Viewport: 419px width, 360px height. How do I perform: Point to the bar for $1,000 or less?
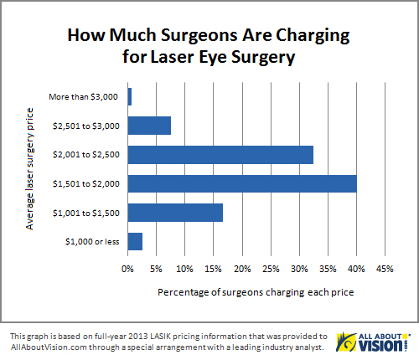134,241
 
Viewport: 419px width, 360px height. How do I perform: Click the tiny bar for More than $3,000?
129,96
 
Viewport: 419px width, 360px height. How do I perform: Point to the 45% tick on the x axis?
385,270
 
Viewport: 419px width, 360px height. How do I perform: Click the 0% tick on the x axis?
127,270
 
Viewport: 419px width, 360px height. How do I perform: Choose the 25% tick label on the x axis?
270,270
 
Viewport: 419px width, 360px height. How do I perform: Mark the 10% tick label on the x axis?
184,270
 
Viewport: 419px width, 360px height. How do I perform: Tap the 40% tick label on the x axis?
356,270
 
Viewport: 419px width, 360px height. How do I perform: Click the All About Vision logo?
373,342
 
